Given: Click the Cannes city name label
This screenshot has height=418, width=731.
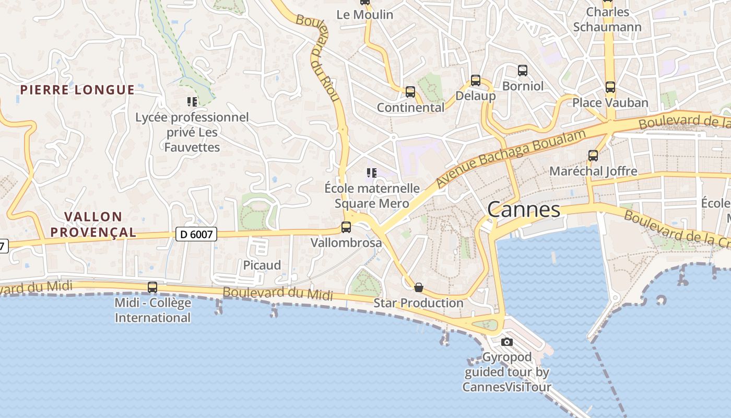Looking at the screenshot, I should click(524, 210).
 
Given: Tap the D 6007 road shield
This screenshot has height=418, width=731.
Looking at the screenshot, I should click(196, 234).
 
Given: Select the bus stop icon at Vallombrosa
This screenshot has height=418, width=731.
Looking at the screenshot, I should click(346, 227).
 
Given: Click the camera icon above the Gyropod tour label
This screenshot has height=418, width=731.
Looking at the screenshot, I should click(506, 342).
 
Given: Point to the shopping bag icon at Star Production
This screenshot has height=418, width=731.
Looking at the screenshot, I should click(418, 287).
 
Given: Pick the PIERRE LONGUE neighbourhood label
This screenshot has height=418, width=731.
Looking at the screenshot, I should click(77, 90).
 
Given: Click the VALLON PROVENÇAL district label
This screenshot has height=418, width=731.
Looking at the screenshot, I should click(93, 224).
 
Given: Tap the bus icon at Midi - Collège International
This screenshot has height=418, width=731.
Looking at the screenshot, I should click(152, 287).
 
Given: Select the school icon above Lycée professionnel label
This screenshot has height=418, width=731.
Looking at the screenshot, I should click(192, 101).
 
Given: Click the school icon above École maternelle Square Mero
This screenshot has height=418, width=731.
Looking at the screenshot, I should click(371, 172).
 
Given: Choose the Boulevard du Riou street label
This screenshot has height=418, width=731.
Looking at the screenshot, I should click(319, 57).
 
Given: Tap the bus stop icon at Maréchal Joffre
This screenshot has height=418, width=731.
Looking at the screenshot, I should click(593, 155).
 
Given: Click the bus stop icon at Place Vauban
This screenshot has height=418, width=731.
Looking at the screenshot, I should click(610, 87).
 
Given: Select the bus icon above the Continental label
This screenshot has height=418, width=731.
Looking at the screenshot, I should click(410, 92).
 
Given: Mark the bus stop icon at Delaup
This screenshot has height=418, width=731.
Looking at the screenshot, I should click(475, 80).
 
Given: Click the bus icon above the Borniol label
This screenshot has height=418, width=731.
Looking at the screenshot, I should click(522, 71).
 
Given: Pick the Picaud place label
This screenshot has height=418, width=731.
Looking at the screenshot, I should click(262, 265).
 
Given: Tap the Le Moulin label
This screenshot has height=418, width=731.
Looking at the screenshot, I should click(364, 15).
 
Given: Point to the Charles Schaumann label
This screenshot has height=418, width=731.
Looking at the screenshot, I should click(607, 19).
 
